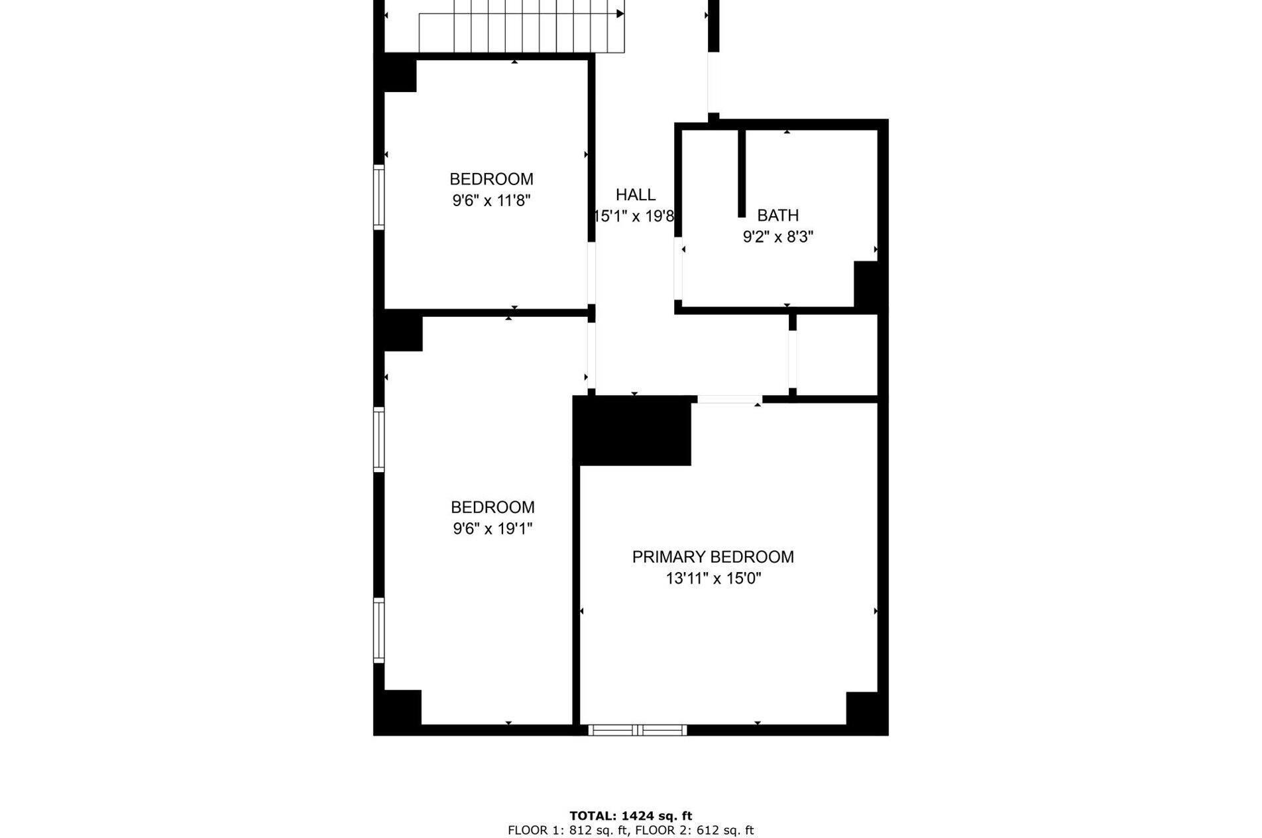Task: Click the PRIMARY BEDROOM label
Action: coord(713,557)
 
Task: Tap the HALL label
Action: coord(635,195)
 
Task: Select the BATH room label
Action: coord(777,215)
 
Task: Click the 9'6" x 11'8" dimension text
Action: coord(491,200)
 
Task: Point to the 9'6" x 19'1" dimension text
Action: coord(492,528)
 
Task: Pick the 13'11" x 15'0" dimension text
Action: coord(713,579)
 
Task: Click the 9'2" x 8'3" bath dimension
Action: coord(777,237)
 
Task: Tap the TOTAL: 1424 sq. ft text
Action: coord(630,816)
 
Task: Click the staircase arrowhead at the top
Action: coord(620,13)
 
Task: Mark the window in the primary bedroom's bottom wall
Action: coord(637,730)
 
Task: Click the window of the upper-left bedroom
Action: coord(379,197)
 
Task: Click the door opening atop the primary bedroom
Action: coord(729,399)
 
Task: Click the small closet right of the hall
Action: coord(836,355)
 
